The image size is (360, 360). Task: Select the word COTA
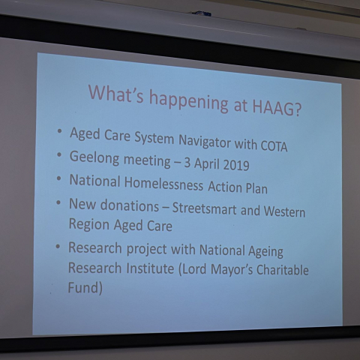(x=274, y=146)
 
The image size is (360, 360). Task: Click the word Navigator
(x=205, y=141)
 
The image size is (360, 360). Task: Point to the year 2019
(x=235, y=164)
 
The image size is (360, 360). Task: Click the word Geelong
(x=94, y=157)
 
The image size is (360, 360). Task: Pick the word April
(x=206, y=163)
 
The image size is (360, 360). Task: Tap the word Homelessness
(x=163, y=184)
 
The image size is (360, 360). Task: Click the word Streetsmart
(x=204, y=208)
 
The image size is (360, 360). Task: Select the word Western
(x=284, y=211)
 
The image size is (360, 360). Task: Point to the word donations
(x=130, y=205)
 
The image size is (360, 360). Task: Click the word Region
(x=89, y=224)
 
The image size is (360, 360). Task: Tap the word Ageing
(x=265, y=251)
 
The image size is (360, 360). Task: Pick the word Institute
(x=150, y=268)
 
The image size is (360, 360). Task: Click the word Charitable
(x=283, y=269)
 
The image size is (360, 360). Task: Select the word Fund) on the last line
(x=85, y=287)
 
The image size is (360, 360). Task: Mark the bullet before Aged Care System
(x=59, y=131)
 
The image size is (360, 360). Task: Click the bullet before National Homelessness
(x=58, y=178)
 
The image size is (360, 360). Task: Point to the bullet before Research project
(x=58, y=247)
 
